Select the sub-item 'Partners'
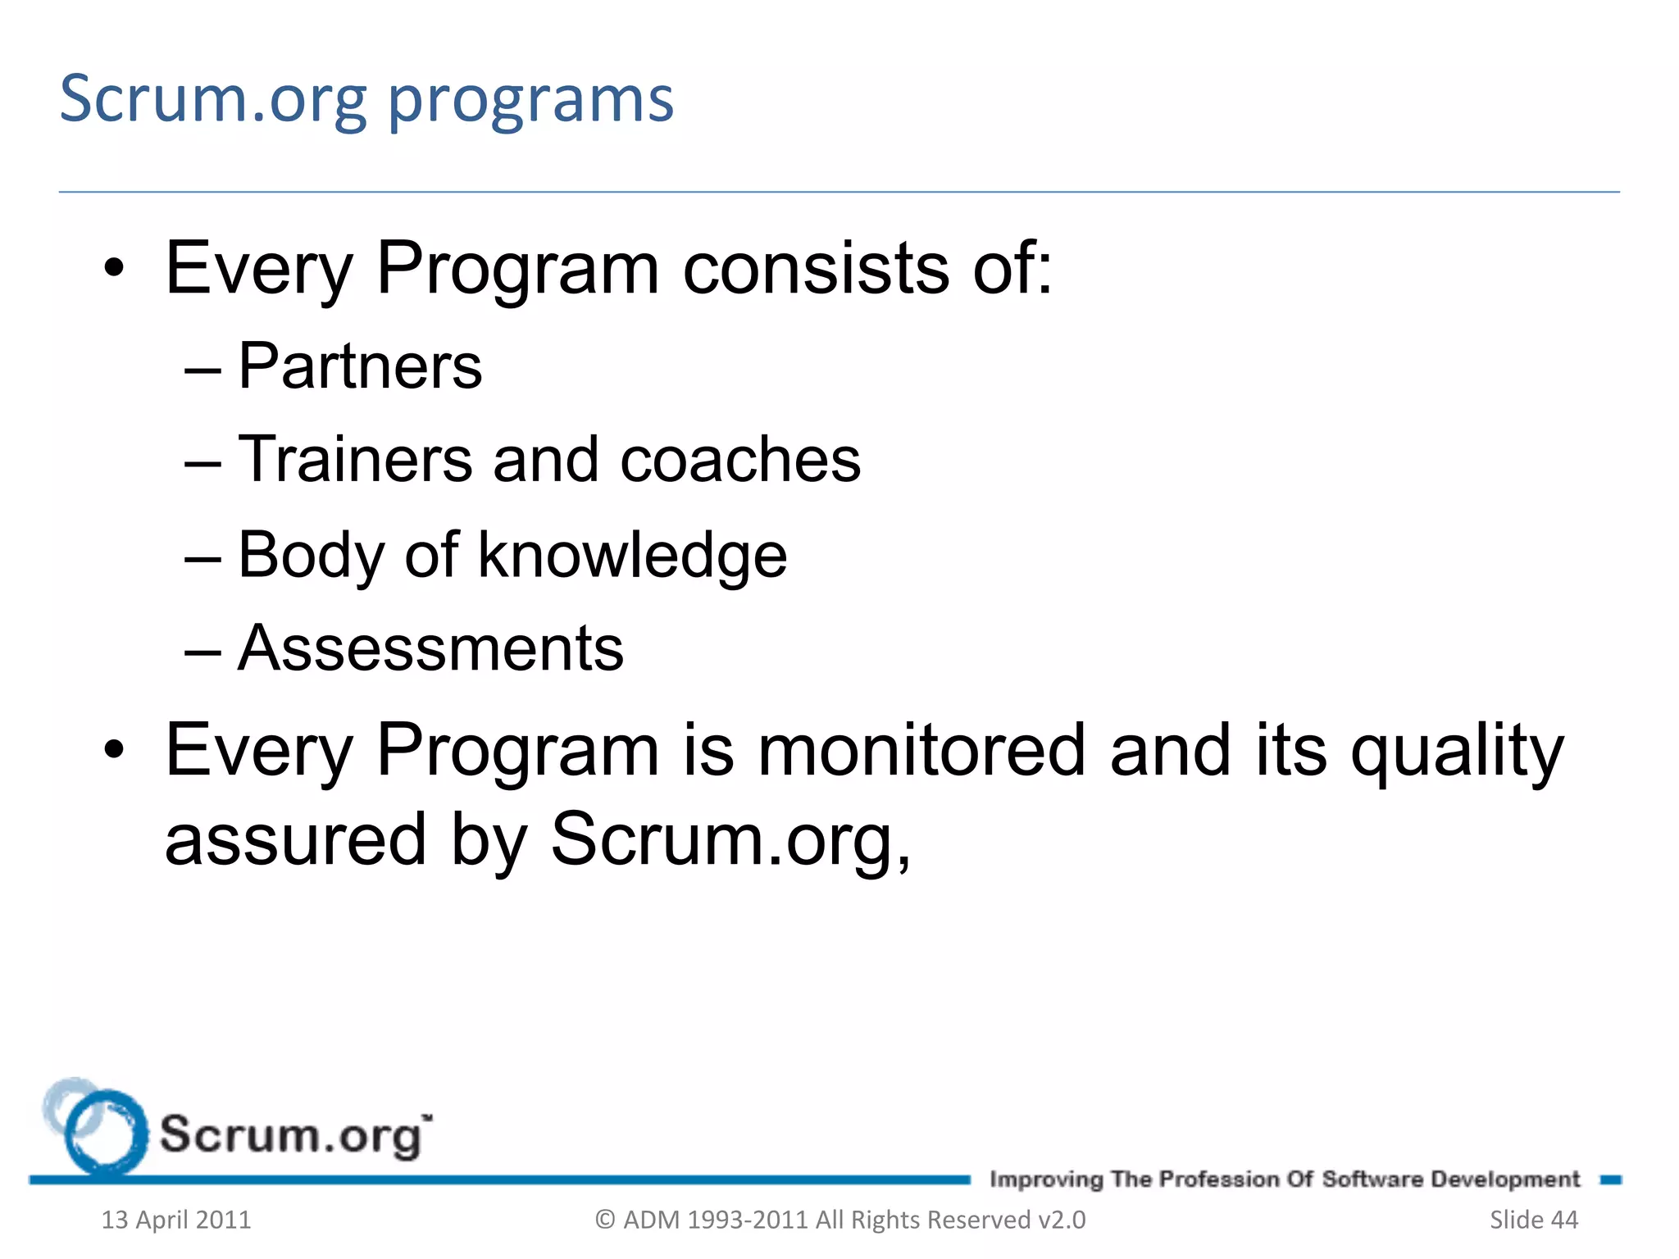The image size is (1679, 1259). coord(360,366)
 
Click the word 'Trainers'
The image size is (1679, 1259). coord(355,460)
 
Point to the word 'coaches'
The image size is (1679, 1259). coord(740,461)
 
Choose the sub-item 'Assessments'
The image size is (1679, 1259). coord(430,649)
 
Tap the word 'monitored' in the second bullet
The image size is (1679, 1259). coord(921,751)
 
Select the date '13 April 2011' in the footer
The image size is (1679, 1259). coord(175,1220)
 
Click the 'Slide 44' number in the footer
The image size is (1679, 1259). coord(1533,1220)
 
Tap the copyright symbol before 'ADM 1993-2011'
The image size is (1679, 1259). coord(605,1220)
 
